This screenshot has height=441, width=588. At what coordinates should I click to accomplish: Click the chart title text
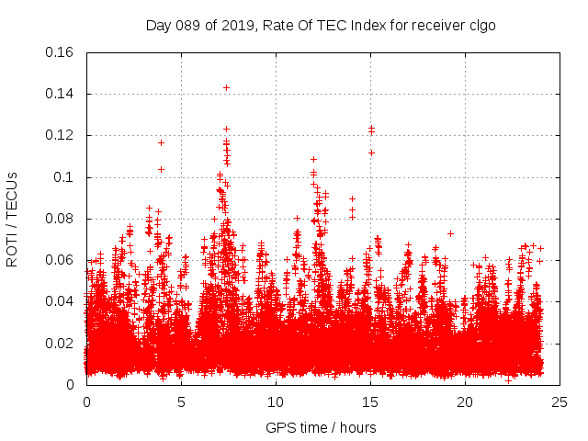tap(321, 25)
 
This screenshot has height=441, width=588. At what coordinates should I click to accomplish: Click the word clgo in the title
tap(482, 25)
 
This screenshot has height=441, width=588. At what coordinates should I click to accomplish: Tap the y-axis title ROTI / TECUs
tap(12, 219)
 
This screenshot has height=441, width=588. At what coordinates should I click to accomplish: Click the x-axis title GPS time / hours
tap(321, 427)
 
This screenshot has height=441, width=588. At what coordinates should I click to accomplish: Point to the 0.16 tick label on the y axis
tap(61, 52)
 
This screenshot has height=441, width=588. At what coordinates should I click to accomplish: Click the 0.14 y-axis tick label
tap(61, 94)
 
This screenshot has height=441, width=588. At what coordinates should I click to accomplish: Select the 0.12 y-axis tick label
tap(61, 135)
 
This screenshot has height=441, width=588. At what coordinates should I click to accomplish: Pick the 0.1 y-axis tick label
tap(66, 177)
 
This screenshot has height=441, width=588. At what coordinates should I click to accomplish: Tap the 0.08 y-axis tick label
tap(61, 219)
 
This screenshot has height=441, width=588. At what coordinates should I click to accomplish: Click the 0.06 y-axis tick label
tap(61, 260)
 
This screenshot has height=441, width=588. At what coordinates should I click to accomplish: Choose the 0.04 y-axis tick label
tap(61, 301)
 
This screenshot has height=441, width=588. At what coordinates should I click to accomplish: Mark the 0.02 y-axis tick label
tap(61, 344)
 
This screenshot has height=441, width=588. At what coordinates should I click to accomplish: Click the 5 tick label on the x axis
tap(181, 401)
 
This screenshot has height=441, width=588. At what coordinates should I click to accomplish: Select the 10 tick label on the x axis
tap(276, 401)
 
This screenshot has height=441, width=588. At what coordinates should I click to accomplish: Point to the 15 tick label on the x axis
tap(370, 401)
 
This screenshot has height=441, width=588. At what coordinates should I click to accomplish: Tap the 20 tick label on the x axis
tap(465, 401)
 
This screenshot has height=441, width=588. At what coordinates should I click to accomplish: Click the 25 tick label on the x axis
tap(560, 401)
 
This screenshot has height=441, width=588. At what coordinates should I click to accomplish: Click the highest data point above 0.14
tap(226, 87)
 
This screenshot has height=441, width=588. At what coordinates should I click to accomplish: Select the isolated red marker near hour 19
tap(450, 233)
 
